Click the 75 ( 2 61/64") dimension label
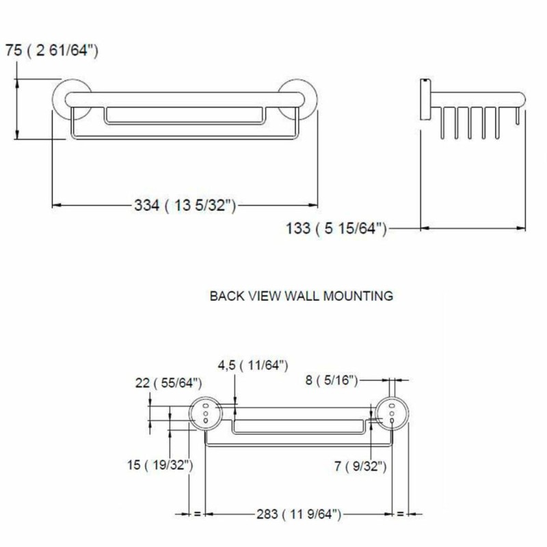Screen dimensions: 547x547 pyautogui.click(x=52, y=51)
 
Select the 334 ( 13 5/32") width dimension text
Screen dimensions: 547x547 pyautogui.click(x=185, y=206)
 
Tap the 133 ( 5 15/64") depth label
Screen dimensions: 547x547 pyautogui.click(x=336, y=229)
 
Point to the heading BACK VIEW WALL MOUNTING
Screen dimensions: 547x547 pyautogui.click(x=302, y=296)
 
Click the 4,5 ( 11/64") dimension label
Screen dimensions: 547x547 pyautogui.click(x=253, y=366)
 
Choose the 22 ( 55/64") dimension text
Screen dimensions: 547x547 pyautogui.click(x=168, y=383)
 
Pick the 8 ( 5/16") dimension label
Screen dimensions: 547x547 pyautogui.click(x=332, y=380)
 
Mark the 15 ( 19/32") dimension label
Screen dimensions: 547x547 pyautogui.click(x=160, y=465)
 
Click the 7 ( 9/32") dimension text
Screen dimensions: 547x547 pyautogui.click(x=360, y=466)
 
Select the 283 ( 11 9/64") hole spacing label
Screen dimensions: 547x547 pyautogui.click(x=299, y=514)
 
